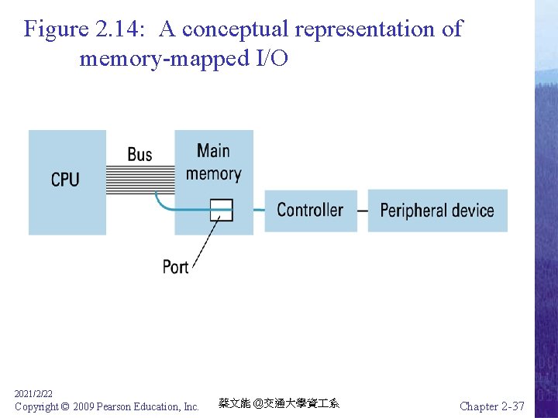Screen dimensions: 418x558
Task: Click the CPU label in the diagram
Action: tap(65, 180)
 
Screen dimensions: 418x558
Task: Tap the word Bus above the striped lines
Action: tap(139, 155)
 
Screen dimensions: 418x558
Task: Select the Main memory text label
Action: tap(213, 162)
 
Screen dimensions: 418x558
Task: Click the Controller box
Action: tap(310, 210)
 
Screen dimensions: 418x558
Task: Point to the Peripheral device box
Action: tap(437, 210)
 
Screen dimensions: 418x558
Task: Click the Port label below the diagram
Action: tap(175, 267)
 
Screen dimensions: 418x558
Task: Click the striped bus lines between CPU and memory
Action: tap(139, 180)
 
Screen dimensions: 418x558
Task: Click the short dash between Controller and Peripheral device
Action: tap(362, 211)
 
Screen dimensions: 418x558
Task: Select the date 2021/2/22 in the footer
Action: tap(33, 394)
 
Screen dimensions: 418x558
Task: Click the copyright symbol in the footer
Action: tap(64, 406)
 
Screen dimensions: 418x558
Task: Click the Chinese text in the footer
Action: tap(278, 403)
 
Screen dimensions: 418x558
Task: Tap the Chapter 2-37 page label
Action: tap(491, 406)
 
